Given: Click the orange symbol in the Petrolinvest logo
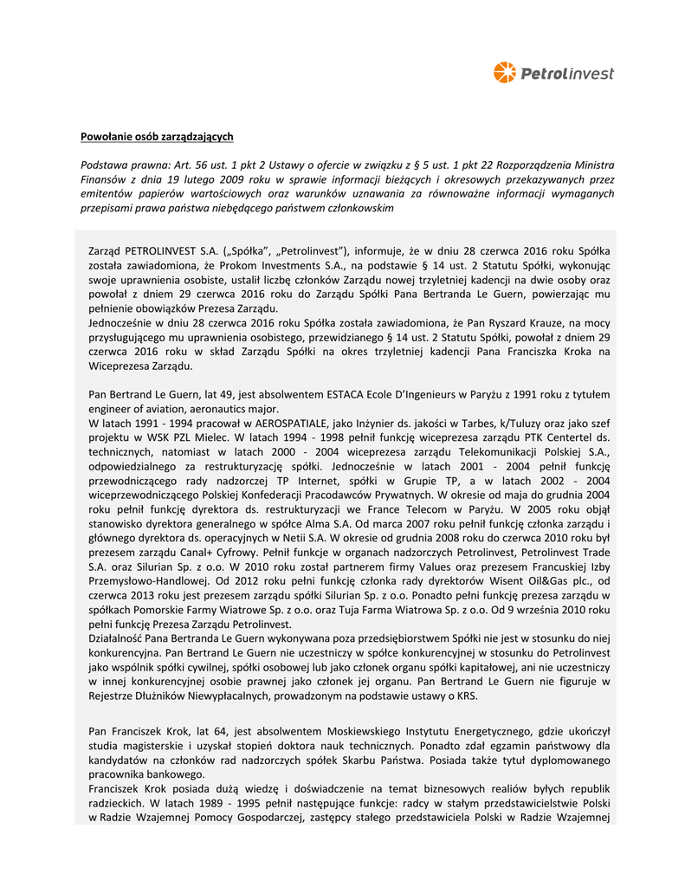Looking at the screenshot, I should [504, 73].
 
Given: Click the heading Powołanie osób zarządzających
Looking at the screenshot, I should [157, 137].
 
